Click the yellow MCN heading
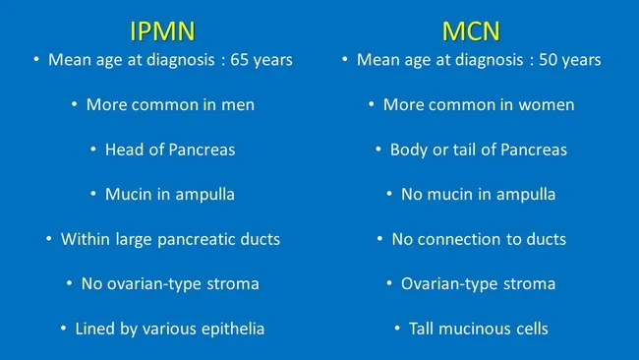point(470,26)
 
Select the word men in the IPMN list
point(239,104)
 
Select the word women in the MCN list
point(549,104)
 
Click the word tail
point(466,150)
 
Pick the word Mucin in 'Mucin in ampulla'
point(127,194)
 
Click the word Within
point(86,239)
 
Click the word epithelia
point(232,329)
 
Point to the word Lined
point(96,329)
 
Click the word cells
point(525,329)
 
